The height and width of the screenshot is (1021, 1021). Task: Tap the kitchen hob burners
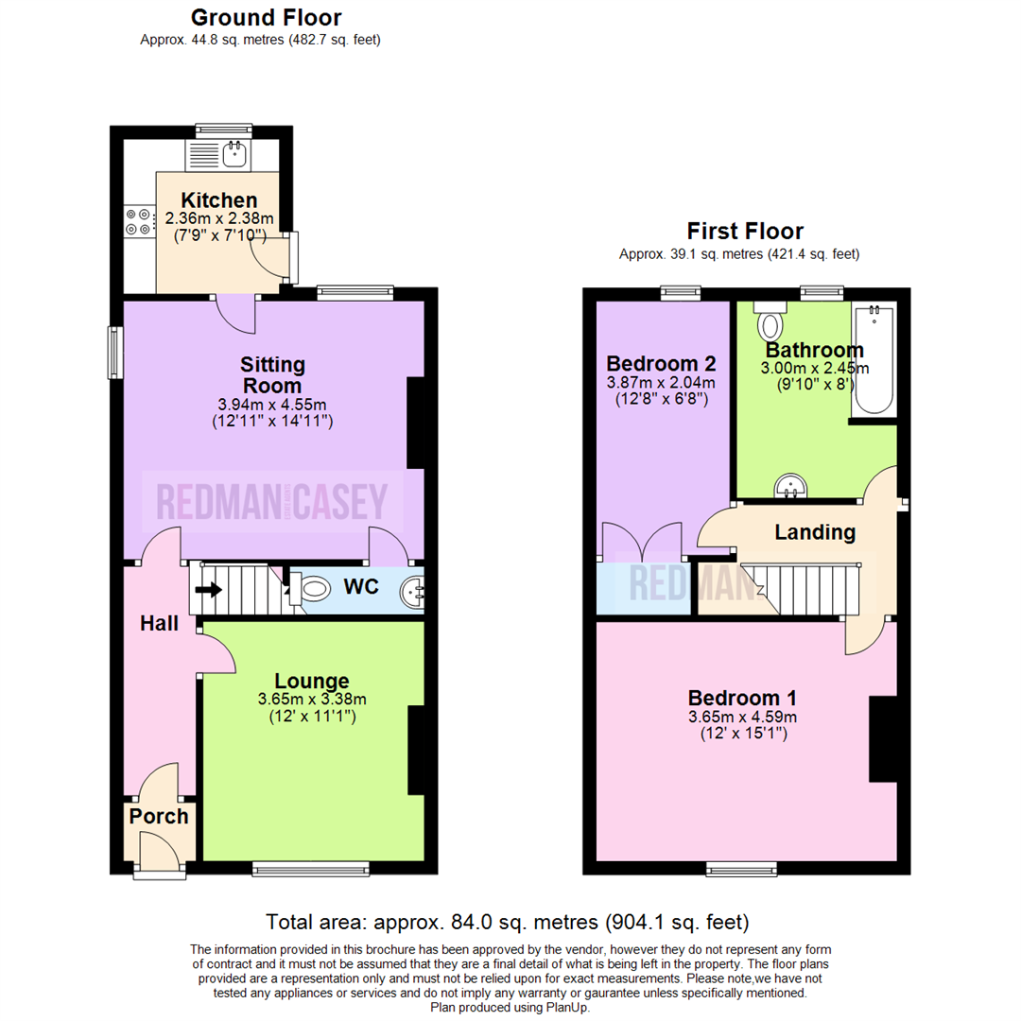[x=138, y=220]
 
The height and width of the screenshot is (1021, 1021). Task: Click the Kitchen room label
[x=218, y=200]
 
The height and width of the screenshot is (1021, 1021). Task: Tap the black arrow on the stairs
[x=209, y=591]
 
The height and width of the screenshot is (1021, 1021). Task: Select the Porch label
[x=159, y=817]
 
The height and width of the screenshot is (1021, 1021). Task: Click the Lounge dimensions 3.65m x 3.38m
[x=311, y=700]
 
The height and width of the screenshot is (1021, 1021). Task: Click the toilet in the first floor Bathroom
[x=771, y=323]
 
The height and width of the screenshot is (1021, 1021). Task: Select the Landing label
[x=815, y=532]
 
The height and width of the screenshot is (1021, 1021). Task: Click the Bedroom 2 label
[x=661, y=364]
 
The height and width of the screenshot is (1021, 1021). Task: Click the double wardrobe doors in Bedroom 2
[x=642, y=541]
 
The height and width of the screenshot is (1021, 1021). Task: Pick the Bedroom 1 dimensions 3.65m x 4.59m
[x=742, y=717]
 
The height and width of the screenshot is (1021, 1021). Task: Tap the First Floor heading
[x=745, y=231]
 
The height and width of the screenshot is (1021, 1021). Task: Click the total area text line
[x=508, y=921]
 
